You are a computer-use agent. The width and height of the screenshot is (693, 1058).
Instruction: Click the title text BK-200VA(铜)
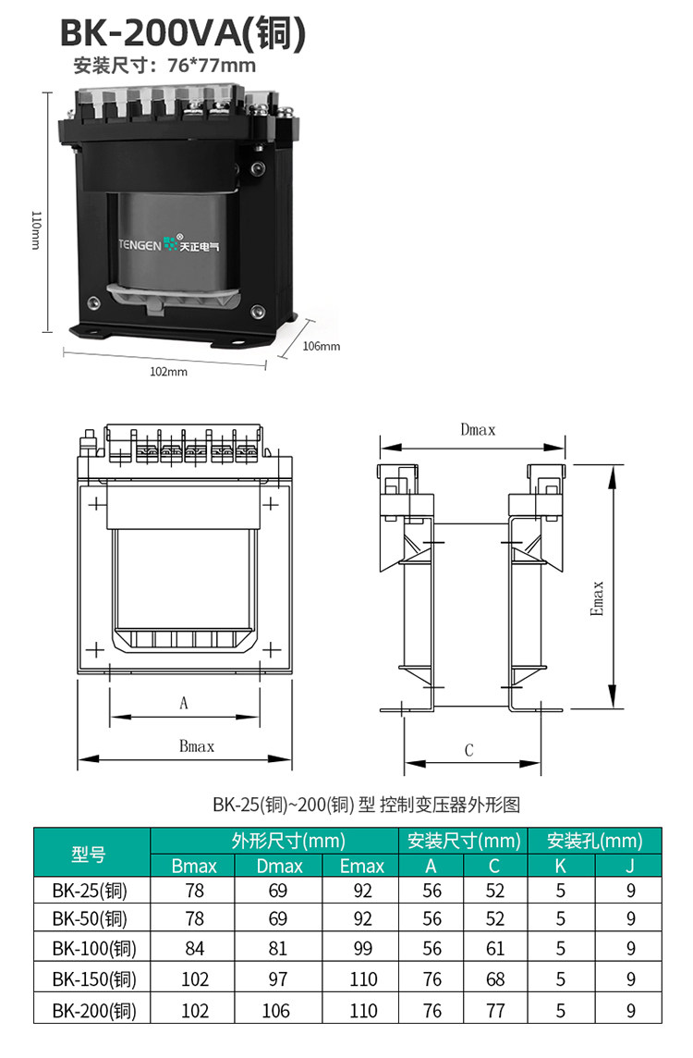183,32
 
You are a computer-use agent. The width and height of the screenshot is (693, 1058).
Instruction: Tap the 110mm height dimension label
36,231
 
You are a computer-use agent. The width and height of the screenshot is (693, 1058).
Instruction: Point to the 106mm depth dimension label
322,346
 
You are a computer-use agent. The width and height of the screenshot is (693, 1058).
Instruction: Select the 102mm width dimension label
168,372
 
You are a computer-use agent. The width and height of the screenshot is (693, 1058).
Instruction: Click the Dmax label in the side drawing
478,430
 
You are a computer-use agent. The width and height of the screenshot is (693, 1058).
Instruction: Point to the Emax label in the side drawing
597,598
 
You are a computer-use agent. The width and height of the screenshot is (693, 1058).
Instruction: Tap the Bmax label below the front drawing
197,746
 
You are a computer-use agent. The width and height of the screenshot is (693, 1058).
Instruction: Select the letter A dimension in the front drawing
183,703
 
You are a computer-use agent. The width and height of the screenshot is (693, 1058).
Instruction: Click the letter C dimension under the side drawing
469,750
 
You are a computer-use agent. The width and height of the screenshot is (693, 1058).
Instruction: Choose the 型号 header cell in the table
89,855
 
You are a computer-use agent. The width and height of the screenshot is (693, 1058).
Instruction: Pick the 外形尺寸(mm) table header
288,841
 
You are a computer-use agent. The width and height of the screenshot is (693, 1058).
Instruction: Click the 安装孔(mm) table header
594,841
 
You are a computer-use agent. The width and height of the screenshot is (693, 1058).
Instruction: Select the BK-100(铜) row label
94,949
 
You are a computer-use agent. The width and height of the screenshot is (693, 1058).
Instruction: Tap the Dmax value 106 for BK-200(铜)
275,1010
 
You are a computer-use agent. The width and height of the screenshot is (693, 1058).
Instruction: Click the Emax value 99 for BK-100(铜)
363,949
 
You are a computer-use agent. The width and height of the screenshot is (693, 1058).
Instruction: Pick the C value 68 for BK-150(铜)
495,979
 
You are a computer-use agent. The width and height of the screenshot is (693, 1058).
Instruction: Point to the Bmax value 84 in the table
195,949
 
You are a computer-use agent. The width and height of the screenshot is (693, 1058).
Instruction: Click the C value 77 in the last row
495,1010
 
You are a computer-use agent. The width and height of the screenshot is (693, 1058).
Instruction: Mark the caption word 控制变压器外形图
450,805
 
